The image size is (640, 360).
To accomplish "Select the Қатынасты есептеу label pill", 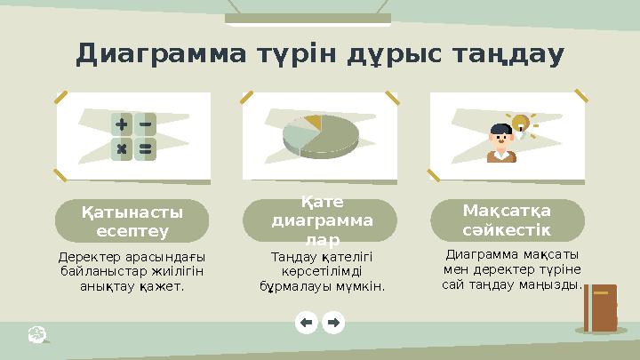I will (132, 221).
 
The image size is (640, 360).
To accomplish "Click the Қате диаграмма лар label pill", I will (320, 221).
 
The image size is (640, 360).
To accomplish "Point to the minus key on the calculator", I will (144, 124).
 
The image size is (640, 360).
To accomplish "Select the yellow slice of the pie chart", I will (312, 120).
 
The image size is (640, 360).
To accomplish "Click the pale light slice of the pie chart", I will (296, 135).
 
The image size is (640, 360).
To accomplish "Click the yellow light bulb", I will (519, 124).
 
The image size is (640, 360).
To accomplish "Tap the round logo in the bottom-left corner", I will (37, 333).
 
